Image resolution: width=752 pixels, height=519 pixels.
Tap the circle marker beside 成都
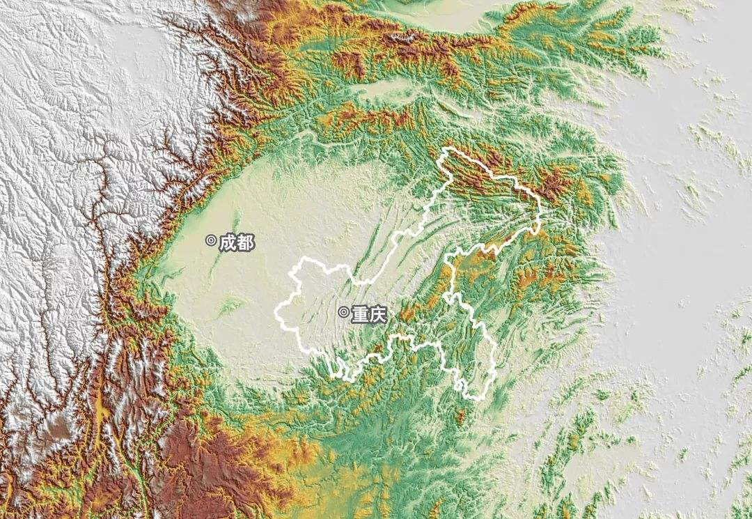[x=211, y=241]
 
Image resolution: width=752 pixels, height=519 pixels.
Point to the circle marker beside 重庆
[x=343, y=312]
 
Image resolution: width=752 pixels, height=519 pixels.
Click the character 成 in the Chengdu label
[x=228, y=242]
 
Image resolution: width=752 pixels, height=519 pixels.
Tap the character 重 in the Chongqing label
[x=359, y=314]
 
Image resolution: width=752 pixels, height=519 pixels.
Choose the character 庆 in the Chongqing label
[x=377, y=314]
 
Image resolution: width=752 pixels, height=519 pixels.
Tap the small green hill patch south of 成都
[x=233, y=304]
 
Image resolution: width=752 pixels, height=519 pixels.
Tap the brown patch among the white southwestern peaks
[x=59, y=425]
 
